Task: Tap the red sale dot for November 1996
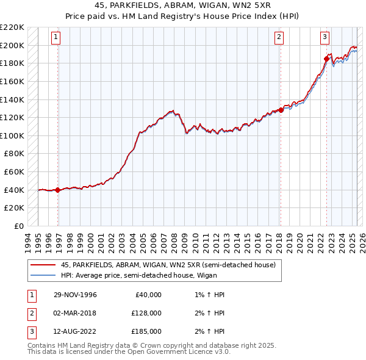click(58, 190)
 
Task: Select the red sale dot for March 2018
click(281, 110)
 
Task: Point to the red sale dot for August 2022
click(326, 59)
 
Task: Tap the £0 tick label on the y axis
click(18, 226)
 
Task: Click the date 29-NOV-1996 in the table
click(75, 294)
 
